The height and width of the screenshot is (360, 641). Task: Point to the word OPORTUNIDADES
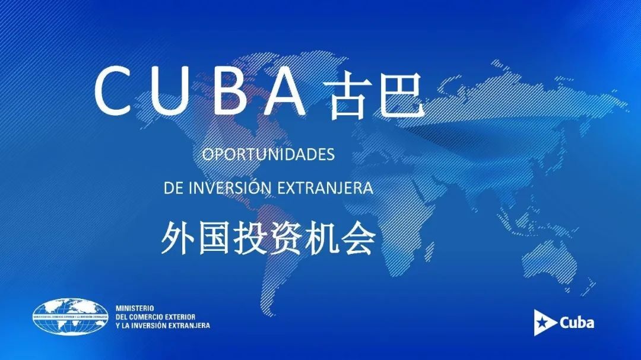tap(268, 154)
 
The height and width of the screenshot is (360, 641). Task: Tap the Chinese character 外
tap(178, 238)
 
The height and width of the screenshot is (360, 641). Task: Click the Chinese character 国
tap(214, 238)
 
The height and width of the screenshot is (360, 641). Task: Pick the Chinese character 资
tap(285, 238)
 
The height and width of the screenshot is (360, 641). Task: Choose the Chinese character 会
tap(358, 238)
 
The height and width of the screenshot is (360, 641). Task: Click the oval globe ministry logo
tap(70, 317)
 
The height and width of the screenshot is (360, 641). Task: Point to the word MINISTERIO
tap(135, 308)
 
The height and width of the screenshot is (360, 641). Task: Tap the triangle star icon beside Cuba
tap(544, 323)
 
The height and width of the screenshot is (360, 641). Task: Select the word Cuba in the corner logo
tap(576, 323)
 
